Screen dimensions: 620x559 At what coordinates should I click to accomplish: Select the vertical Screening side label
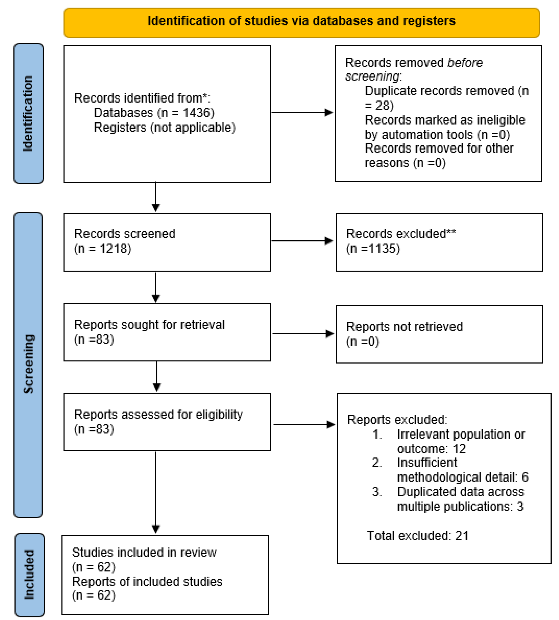(29, 364)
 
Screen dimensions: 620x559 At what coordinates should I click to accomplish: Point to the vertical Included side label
(29, 575)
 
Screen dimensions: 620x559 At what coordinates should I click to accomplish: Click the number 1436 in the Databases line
(196, 113)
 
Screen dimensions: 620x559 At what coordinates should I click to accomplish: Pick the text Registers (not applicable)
(165, 127)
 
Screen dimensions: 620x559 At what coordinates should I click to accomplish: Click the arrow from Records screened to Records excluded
(302, 241)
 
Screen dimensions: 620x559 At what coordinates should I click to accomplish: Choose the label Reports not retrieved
(404, 327)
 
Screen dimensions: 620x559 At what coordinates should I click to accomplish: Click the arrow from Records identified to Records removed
(302, 113)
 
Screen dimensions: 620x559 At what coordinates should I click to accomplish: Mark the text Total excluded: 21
(417, 535)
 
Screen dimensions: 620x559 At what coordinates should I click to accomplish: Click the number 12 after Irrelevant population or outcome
(459, 449)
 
